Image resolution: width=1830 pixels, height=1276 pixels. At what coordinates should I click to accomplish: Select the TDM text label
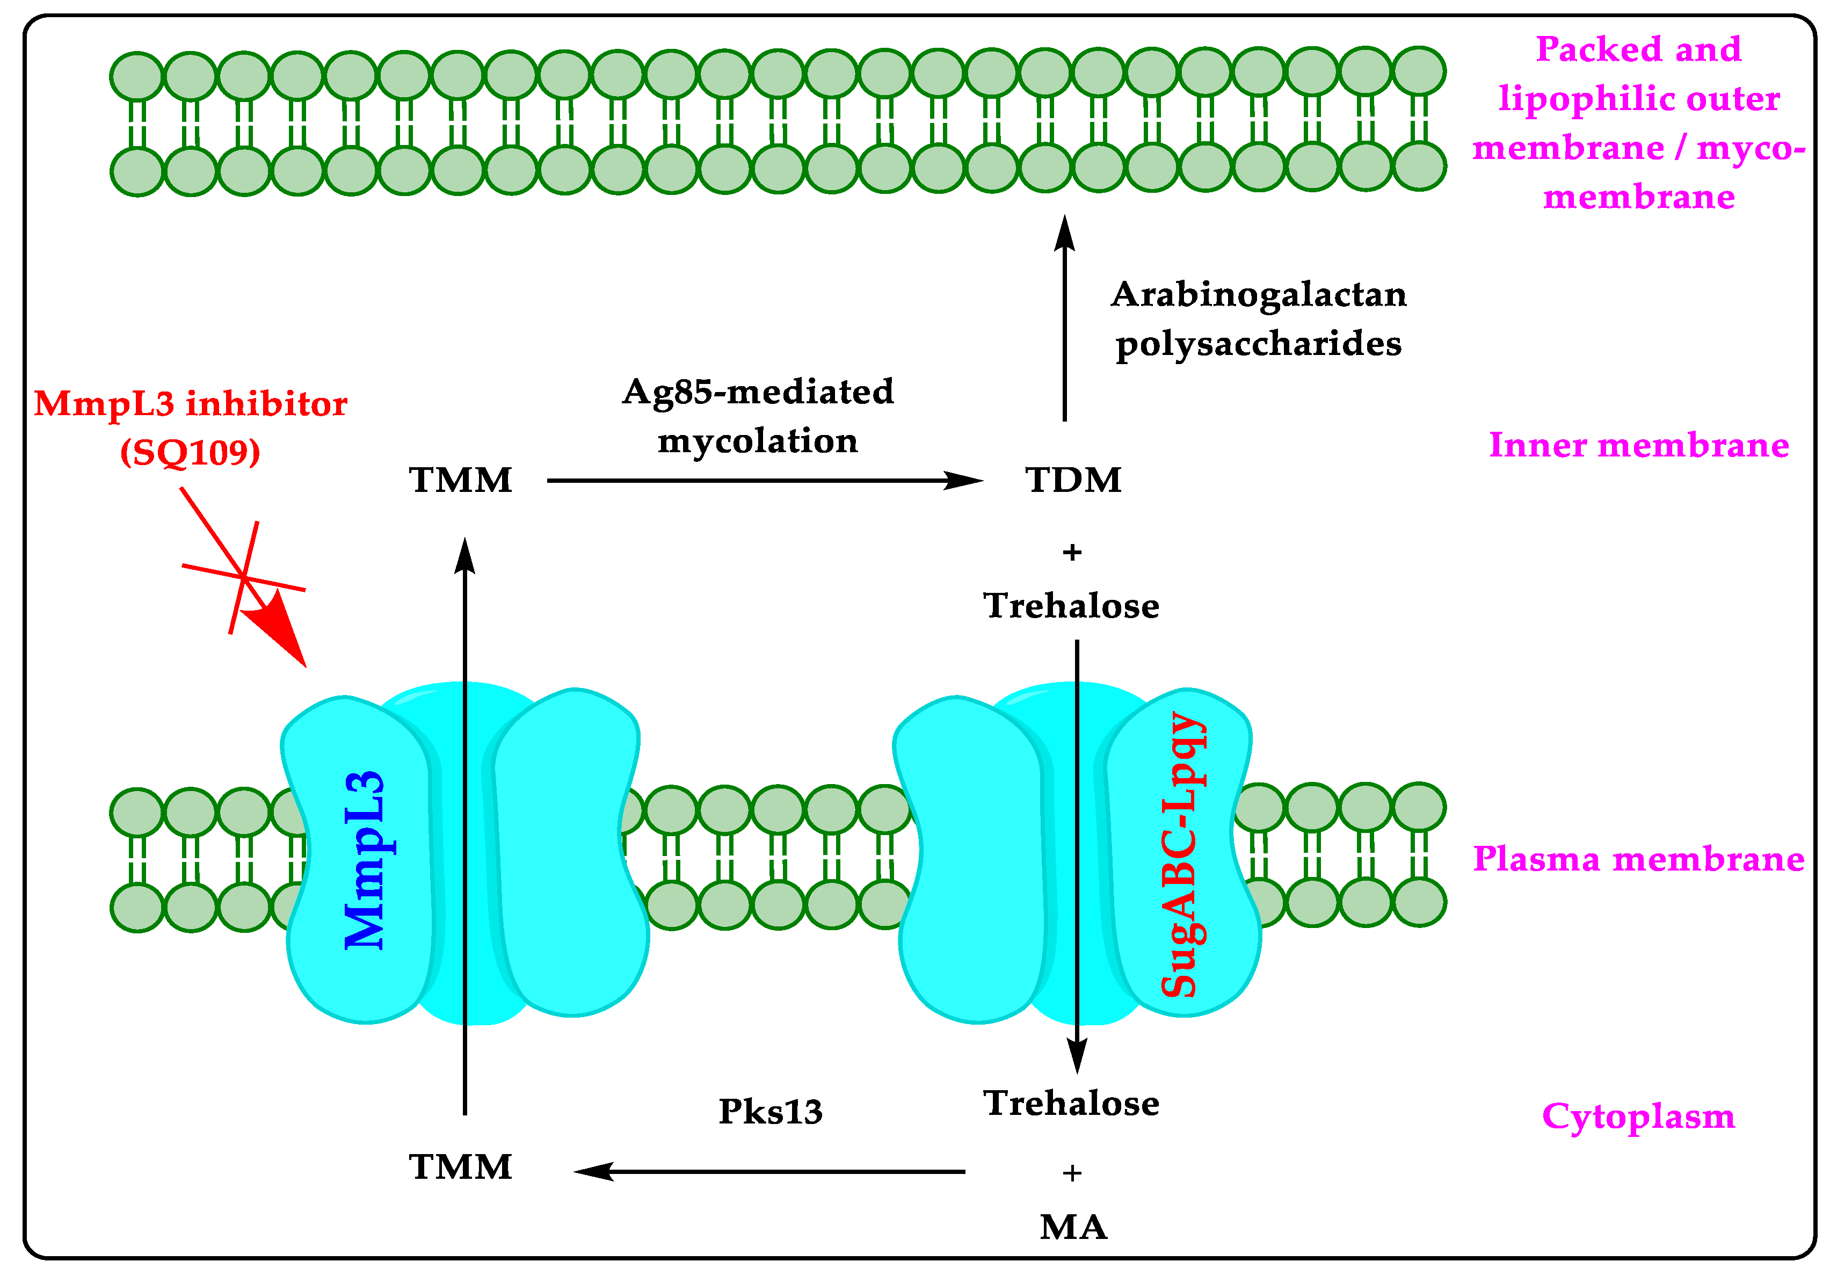pyautogui.click(x=1073, y=481)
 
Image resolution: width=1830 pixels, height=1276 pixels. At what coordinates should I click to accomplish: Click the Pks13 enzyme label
pyautogui.click(x=770, y=1112)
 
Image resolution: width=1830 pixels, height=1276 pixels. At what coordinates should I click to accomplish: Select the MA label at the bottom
pyautogui.click(x=1073, y=1227)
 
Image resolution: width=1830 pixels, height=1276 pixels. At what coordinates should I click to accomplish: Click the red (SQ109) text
pyautogui.click(x=191, y=453)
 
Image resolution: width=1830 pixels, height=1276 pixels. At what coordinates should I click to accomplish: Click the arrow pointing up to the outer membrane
pyautogui.click(x=1064, y=319)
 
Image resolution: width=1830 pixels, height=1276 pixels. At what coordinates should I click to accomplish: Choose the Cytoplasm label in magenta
pyautogui.click(x=1638, y=1116)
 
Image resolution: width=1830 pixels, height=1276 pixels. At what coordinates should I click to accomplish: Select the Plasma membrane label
pyautogui.click(x=1638, y=859)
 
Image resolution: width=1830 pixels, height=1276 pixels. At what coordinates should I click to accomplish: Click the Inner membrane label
pyautogui.click(x=1638, y=445)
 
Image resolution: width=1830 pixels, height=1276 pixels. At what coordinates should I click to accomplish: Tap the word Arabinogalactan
pyautogui.click(x=1259, y=295)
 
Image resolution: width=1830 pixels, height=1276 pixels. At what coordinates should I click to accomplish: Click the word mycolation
pyautogui.click(x=757, y=441)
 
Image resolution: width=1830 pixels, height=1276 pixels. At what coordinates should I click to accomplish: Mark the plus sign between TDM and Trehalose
pyautogui.click(x=1072, y=552)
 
